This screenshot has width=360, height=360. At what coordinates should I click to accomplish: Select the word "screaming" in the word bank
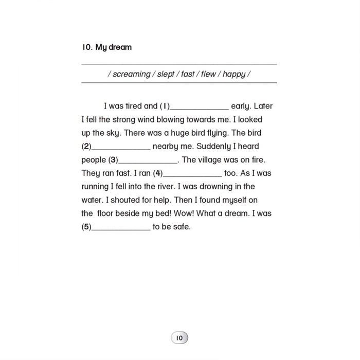(132, 74)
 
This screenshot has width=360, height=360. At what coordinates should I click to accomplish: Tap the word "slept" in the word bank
(166, 74)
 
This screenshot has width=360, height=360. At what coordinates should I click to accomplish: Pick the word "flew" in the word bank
(208, 74)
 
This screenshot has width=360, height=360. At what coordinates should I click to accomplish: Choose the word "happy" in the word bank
(234, 74)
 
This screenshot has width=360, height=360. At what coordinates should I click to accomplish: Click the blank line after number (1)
(199, 109)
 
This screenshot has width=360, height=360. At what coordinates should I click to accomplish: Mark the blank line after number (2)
(121, 149)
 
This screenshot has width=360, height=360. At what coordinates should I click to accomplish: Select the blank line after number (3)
(148, 162)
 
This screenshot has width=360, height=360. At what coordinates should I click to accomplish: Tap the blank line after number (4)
(192, 175)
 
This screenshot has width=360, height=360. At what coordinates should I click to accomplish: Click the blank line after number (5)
(121, 229)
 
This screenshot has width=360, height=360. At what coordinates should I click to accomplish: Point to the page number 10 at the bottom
(179, 338)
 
